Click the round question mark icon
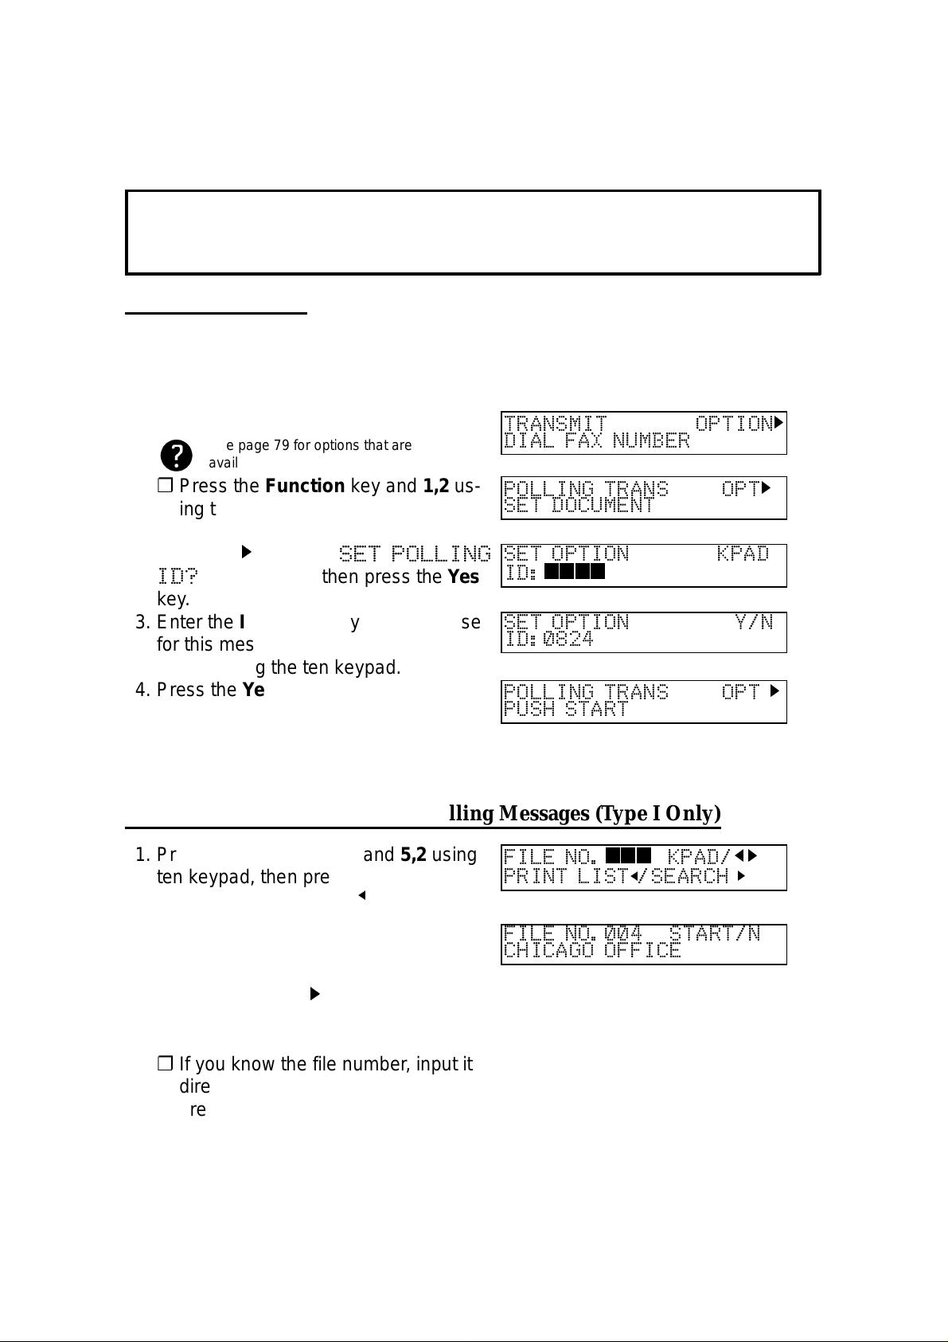click(176, 456)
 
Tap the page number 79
click(283, 445)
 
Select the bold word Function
click(305, 486)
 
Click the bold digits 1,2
click(436, 486)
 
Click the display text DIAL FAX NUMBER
click(597, 441)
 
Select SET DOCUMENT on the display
click(579, 506)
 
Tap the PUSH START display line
click(566, 709)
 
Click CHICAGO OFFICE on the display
click(592, 950)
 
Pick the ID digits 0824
click(568, 639)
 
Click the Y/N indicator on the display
click(754, 621)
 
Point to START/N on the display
click(714, 933)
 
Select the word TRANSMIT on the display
click(556, 423)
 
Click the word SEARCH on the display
click(689, 876)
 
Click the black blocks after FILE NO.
click(628, 855)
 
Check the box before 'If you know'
click(165, 1064)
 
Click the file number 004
click(622, 933)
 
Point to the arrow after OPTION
click(779, 422)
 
